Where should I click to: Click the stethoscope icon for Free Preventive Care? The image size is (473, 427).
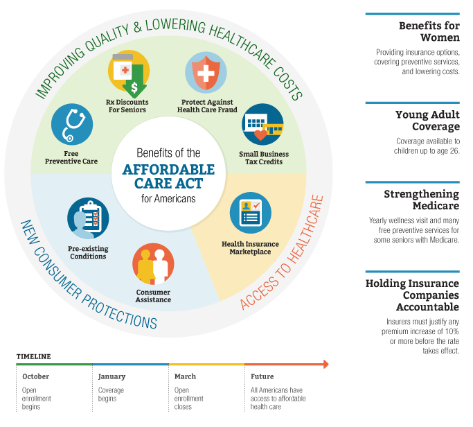72,124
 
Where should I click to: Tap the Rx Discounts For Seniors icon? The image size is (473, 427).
129,73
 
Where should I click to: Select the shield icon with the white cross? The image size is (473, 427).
206,73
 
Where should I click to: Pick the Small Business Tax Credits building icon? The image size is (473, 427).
262,124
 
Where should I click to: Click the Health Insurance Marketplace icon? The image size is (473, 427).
251,213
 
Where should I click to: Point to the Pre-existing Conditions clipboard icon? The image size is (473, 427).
88,218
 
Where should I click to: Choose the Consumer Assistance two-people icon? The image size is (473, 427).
153,264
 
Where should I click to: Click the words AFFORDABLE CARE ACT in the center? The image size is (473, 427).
168,177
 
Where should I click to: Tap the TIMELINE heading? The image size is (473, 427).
34,356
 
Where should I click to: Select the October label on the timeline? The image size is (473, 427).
35,376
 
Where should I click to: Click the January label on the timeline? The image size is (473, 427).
111,377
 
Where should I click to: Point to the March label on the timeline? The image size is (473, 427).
185,376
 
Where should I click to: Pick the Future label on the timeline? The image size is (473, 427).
262,376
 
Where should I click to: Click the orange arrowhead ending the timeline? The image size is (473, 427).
325,364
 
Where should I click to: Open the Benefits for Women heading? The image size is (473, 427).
429,32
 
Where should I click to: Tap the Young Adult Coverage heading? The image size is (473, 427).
428,121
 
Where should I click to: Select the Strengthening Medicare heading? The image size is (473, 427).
422,200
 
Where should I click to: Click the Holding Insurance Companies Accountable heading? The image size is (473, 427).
412,295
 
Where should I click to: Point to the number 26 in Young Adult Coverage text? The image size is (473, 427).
454,151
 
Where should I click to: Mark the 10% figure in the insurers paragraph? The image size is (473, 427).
452,331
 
